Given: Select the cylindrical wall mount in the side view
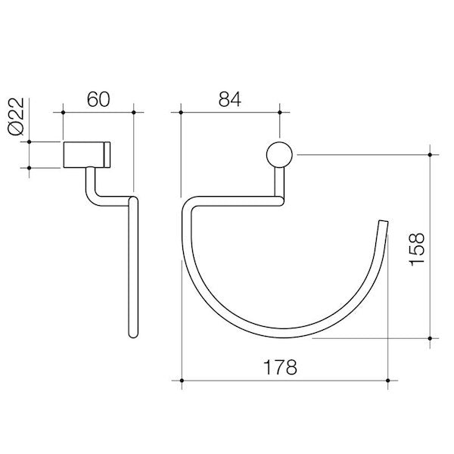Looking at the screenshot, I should point(87,154).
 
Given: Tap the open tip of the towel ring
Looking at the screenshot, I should point(384,224).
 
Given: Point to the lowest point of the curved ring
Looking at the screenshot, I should point(284,334).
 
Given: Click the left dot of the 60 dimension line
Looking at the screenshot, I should point(61,113).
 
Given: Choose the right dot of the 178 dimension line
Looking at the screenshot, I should point(388,380).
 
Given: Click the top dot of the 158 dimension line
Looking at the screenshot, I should point(430,154).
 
